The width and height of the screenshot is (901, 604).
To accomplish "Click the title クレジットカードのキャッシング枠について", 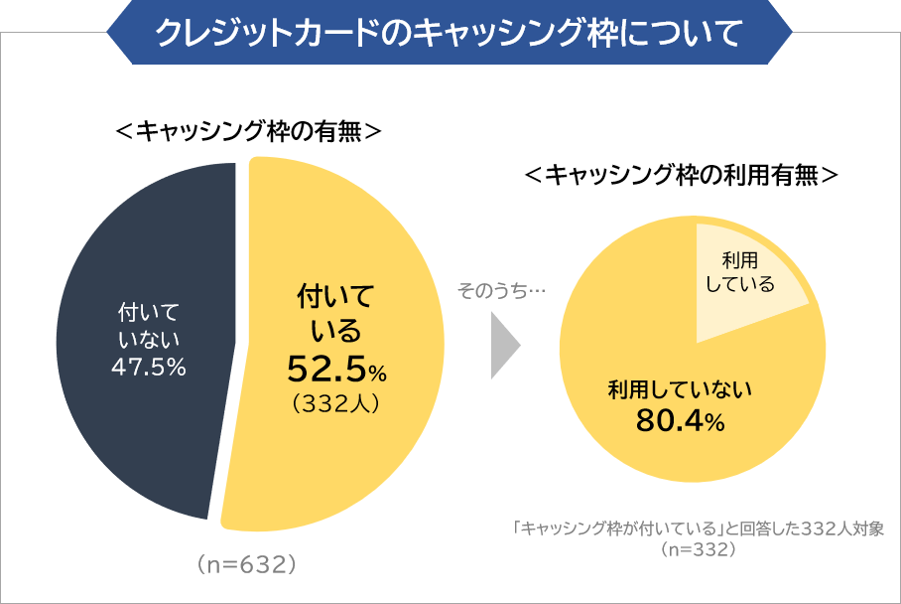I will click(449, 32).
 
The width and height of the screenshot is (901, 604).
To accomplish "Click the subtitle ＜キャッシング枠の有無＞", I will click(248, 131).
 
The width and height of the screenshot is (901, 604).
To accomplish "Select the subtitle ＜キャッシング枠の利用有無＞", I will click(682, 176).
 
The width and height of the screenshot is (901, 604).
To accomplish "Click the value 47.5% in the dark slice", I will click(148, 367).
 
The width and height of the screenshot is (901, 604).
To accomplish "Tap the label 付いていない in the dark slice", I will click(148, 327).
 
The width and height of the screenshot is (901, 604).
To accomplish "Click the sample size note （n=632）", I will click(248, 564).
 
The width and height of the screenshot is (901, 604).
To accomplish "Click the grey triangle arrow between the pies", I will click(504, 348).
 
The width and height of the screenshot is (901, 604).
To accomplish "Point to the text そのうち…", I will click(502, 291).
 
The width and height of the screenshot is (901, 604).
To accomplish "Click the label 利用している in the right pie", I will click(739, 272).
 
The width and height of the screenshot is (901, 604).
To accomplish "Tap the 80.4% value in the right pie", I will click(680, 421).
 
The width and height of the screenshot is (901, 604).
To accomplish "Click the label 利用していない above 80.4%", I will click(680, 388).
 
